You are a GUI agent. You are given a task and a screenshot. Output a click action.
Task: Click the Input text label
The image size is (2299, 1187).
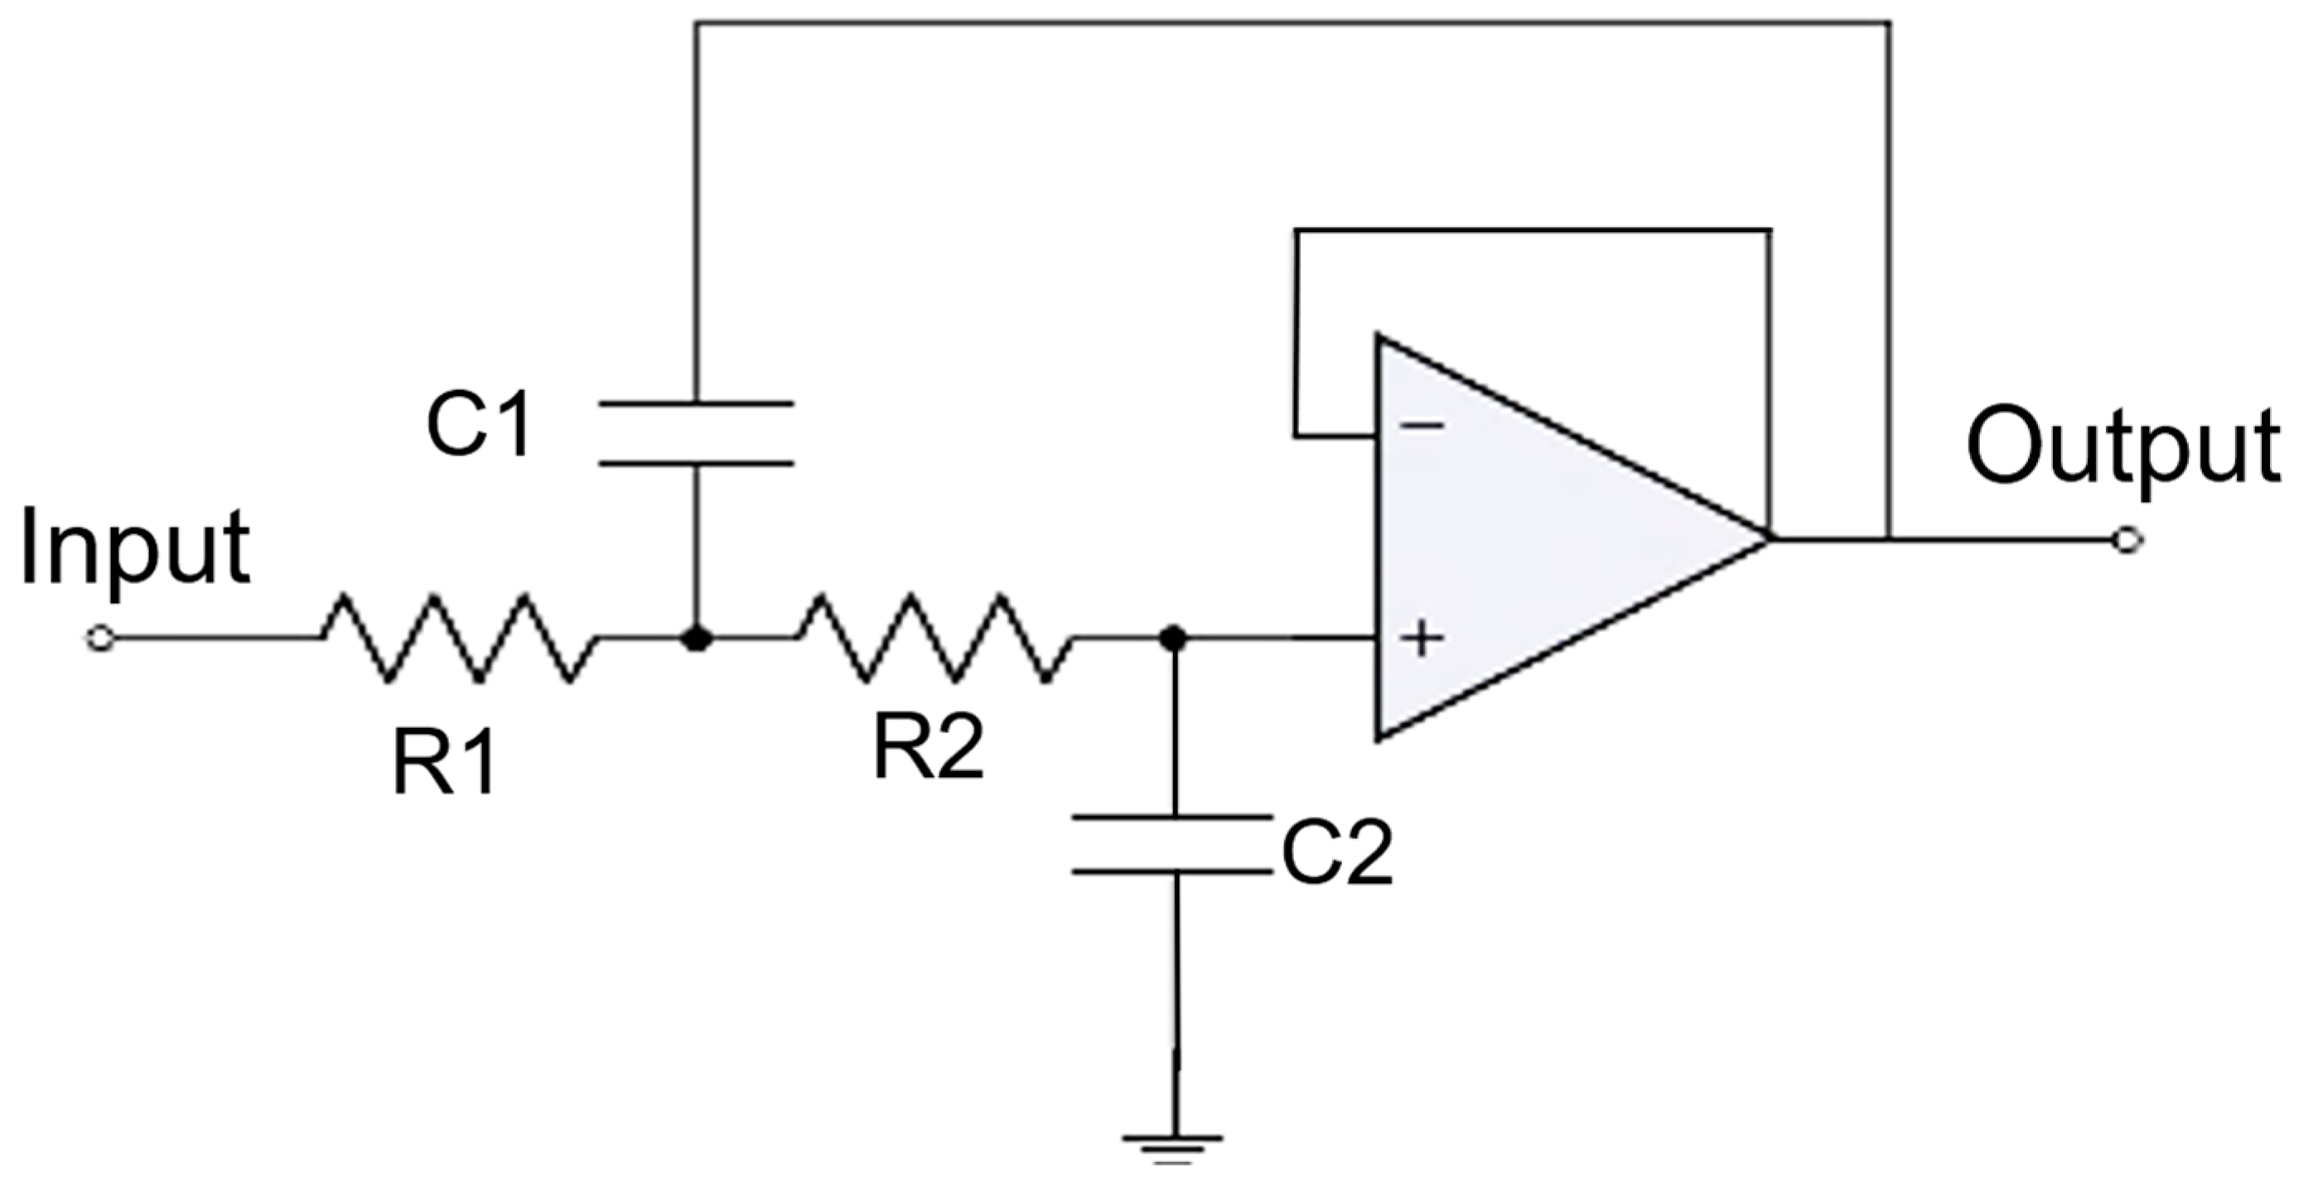[x=134, y=549]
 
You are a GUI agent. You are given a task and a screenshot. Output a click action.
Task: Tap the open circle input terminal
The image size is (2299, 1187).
[x=100, y=639]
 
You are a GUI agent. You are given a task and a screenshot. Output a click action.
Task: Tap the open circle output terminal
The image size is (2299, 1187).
[x=2128, y=540]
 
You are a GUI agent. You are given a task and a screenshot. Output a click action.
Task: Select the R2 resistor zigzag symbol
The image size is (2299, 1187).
[x=935, y=639]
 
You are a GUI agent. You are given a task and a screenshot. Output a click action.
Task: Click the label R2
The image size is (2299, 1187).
[x=927, y=748]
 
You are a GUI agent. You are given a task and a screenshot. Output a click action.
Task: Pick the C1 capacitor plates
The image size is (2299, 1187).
[x=696, y=434]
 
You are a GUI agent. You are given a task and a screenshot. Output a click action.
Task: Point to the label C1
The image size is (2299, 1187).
[x=479, y=427]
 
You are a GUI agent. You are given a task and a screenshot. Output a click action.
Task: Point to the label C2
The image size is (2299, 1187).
[x=1336, y=853]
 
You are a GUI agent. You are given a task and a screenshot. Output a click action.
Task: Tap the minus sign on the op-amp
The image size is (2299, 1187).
[x=1422, y=426]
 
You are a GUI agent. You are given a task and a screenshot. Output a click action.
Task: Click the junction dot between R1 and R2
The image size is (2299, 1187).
[x=696, y=639]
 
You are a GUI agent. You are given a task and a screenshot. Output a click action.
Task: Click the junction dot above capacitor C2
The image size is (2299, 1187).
[x=1173, y=638]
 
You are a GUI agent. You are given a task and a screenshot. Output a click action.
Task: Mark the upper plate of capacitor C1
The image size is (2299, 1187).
[x=696, y=404]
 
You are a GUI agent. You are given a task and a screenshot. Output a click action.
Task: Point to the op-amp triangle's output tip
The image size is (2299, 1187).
[x=1767, y=539]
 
